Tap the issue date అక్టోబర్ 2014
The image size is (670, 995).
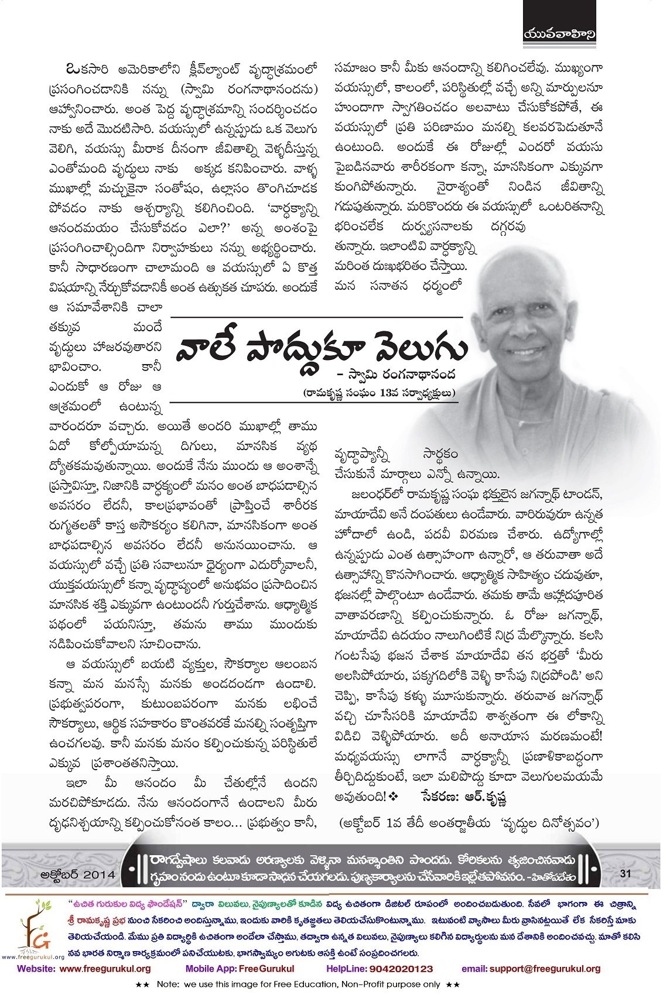point(77,874)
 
